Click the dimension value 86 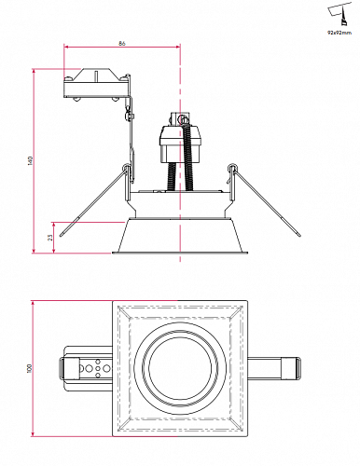click(122, 43)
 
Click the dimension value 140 click(30, 160)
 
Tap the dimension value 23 click(50, 238)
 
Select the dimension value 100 click(30, 368)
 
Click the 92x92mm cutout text click(339, 33)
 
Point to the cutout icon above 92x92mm click(339, 15)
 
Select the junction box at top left click(96, 84)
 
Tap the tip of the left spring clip click(61, 235)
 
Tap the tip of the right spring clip click(299, 235)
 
